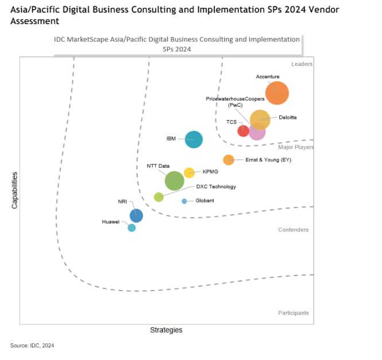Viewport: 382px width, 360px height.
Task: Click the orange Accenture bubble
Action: (277, 93)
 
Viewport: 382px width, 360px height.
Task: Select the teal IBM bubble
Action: (194, 139)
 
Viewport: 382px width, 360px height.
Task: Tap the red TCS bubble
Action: (243, 131)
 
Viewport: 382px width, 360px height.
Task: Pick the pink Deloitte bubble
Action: (257, 132)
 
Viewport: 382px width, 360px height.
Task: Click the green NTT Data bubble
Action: (174, 181)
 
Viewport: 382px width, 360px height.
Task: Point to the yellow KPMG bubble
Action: (189, 172)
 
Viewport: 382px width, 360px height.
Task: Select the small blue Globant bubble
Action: (184, 201)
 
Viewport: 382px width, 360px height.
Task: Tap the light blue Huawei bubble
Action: (131, 228)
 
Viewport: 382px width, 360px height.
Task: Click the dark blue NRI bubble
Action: (136, 216)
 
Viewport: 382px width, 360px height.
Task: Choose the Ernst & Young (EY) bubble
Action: (228, 160)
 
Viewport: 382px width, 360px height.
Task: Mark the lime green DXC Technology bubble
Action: (159, 197)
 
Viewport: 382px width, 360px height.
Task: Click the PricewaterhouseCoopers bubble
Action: (260, 119)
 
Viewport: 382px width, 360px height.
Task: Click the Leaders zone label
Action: (302, 64)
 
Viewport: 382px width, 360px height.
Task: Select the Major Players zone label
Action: (297, 148)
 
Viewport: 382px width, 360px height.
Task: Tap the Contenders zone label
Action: (293, 230)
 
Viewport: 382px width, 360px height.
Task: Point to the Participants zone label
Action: (293, 313)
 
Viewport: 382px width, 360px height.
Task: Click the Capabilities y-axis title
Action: (15, 190)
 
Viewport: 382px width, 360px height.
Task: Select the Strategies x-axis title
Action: (166, 330)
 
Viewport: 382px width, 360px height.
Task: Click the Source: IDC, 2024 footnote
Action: (32, 345)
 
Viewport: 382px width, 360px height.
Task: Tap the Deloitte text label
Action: (287, 118)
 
